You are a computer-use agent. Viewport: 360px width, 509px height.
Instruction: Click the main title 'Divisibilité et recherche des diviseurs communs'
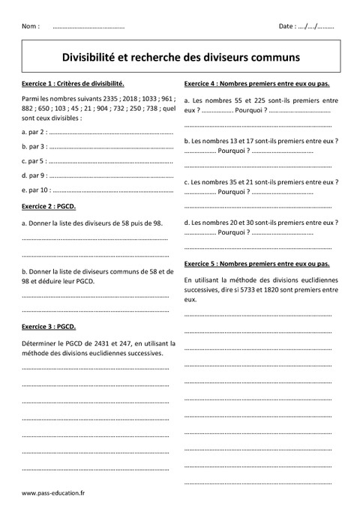[179, 56]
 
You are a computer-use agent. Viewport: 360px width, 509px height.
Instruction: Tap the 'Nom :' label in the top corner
[31, 26]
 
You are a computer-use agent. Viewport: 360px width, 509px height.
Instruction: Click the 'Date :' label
[287, 26]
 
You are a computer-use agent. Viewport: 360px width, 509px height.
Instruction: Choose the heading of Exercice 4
[256, 83]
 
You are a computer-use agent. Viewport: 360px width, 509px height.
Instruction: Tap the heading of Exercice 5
[256, 264]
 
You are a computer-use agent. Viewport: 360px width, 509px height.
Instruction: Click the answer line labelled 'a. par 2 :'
[34, 132]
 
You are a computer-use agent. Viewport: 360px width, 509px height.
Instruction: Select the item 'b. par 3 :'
[34, 146]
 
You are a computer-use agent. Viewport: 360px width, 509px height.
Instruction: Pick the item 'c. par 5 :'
[34, 160]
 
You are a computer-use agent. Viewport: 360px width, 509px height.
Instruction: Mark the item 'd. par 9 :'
[34, 175]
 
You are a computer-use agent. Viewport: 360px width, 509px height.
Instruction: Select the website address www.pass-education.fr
[54, 493]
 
